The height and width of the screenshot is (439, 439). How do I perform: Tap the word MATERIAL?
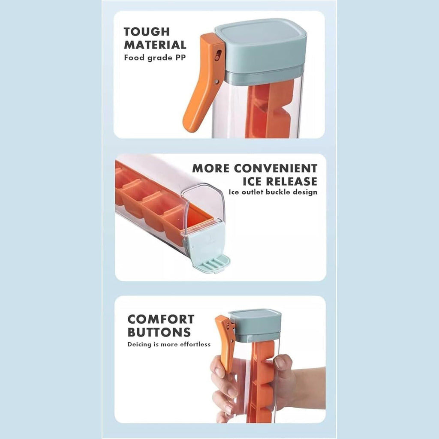155,45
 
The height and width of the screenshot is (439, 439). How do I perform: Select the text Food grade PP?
155,57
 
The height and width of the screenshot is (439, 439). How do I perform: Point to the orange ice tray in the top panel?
270,111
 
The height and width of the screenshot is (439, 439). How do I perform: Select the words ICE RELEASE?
280,181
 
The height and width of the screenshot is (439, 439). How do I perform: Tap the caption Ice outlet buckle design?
273,192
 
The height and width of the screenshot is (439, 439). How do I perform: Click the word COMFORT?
161,319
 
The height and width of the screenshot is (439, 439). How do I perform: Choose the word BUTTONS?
159,332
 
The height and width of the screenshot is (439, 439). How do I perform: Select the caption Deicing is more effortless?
169,344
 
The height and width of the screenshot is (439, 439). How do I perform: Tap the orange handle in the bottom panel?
226,343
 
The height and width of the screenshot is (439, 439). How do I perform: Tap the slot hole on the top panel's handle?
219,54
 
